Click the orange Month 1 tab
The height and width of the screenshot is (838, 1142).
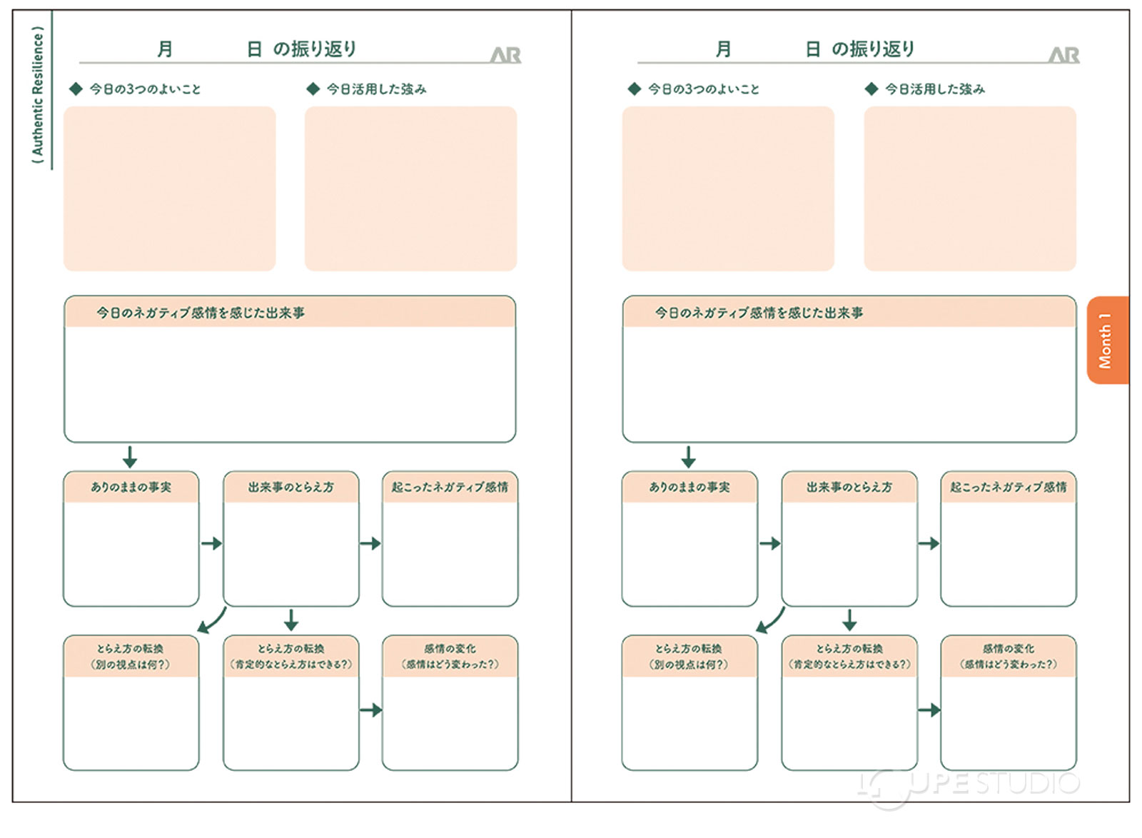click(1107, 340)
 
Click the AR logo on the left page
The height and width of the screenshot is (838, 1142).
click(505, 54)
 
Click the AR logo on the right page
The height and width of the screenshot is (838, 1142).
click(1063, 54)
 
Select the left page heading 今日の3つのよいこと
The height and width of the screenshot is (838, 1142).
click(145, 89)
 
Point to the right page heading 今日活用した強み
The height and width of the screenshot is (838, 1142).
click(935, 89)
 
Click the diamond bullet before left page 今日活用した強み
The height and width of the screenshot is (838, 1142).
click(313, 89)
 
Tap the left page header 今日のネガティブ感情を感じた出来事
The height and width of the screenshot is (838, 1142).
click(201, 313)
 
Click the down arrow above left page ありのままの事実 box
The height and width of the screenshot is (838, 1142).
click(129, 457)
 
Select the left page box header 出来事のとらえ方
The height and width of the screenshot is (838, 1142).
click(290, 487)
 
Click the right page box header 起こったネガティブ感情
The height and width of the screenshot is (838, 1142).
click(1008, 487)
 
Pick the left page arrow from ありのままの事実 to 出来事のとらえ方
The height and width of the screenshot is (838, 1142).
click(211, 544)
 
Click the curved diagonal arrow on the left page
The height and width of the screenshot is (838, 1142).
click(212, 621)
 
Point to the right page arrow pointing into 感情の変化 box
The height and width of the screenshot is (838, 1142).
click(929, 710)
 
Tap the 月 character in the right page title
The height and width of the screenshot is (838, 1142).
click(723, 49)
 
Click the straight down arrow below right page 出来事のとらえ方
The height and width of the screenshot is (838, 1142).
click(849, 620)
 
